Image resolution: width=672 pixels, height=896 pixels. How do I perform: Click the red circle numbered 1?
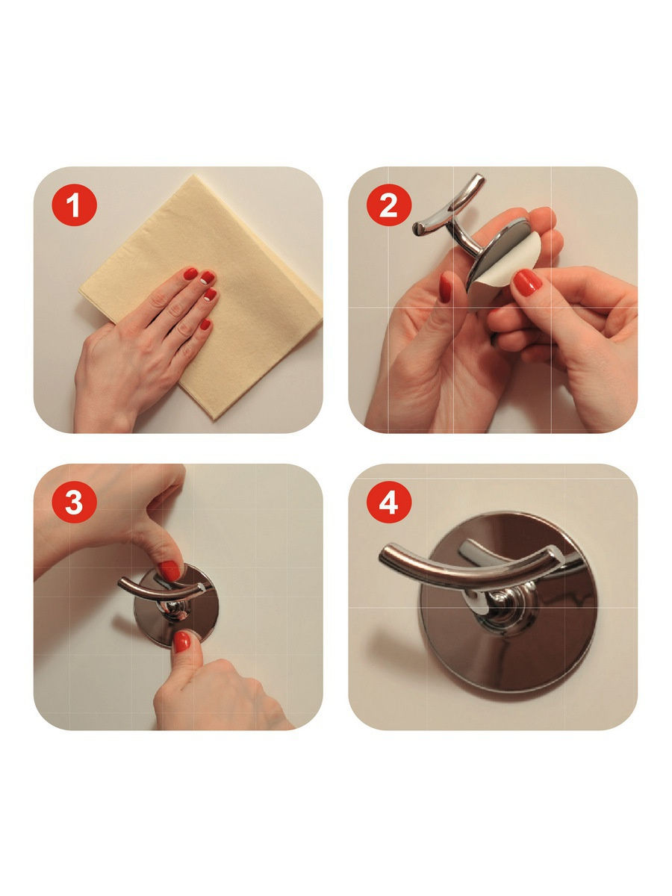[74, 205]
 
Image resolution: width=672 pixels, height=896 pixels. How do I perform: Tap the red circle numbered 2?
[389, 205]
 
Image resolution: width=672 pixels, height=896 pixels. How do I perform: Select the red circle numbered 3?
[74, 502]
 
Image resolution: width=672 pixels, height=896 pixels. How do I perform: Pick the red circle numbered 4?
[389, 502]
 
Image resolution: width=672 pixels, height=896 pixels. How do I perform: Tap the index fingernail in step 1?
[190, 274]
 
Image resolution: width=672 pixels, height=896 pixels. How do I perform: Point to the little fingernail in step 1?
[205, 325]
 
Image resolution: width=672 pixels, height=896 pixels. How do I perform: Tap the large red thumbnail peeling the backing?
[526, 281]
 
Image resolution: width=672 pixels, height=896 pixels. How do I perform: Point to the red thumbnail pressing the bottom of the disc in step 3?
[182, 642]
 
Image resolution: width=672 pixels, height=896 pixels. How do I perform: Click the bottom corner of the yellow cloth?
[214, 419]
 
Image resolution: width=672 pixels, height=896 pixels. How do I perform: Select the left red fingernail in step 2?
[445, 287]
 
